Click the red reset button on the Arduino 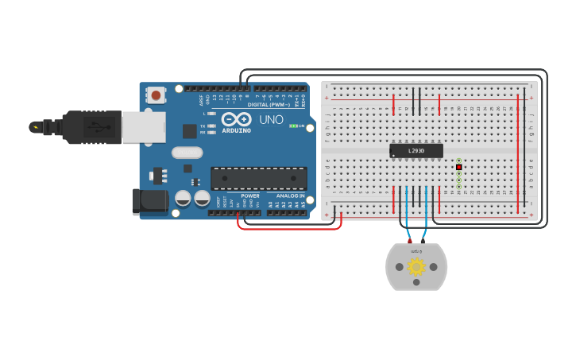(x=156, y=95)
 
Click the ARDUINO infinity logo (x=236, y=119)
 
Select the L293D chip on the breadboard (x=416, y=150)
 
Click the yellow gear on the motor (x=416, y=266)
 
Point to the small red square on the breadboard (x=458, y=167)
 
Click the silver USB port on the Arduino (x=144, y=127)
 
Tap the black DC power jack (x=150, y=201)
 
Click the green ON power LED (x=293, y=126)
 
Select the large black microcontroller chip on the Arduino (x=258, y=179)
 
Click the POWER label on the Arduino (x=249, y=195)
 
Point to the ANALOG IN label (x=290, y=195)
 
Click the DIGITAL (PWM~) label (x=269, y=105)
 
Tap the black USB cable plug (x=91, y=127)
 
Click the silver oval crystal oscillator (x=187, y=153)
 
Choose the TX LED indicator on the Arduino (x=211, y=126)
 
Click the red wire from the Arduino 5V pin (x=290, y=228)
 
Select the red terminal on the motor (x=410, y=241)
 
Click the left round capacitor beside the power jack (x=183, y=199)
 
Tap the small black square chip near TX (x=189, y=131)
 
